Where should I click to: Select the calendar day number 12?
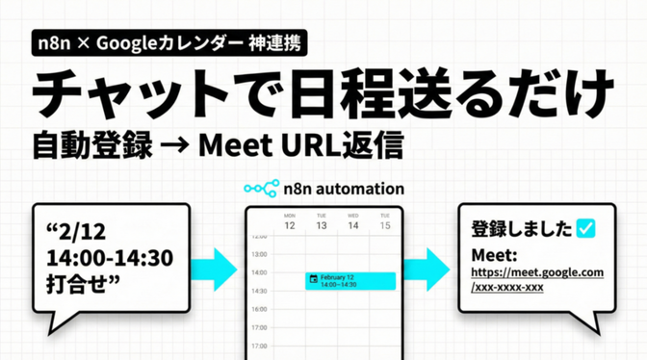pyautogui.click(x=289, y=225)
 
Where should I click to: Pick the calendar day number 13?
pyautogui.click(x=322, y=225)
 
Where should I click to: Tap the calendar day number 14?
pyautogui.click(x=353, y=225)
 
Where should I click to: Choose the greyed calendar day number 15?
pyautogui.click(x=385, y=225)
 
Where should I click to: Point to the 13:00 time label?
pyautogui.click(x=258, y=254)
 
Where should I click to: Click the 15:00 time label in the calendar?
pyautogui.click(x=258, y=291)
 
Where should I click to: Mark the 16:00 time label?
pyautogui.click(x=258, y=309)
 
